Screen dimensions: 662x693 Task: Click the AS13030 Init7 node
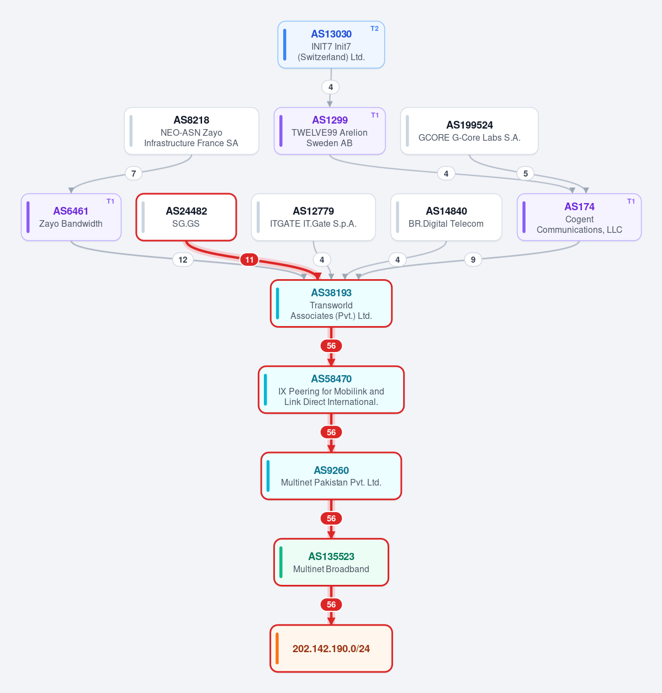pos(331,45)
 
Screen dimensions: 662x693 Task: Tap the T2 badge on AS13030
pos(374,29)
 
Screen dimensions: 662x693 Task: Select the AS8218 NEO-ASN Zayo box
pos(191,131)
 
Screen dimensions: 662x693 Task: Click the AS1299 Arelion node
pos(330,131)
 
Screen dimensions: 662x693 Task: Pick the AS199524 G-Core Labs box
pos(469,131)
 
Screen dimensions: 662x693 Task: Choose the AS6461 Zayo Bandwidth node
pos(71,217)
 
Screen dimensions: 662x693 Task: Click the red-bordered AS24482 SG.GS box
pos(186,217)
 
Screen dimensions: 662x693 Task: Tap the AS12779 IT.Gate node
pos(314,217)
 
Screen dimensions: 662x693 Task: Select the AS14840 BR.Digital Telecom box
pos(446,217)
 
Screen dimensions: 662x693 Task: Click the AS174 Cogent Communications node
pos(579,217)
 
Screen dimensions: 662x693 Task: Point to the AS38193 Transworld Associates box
pos(331,303)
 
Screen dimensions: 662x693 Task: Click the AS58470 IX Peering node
pos(331,390)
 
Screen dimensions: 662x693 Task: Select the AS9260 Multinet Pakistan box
pos(331,476)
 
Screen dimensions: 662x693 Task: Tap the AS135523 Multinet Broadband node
pos(331,562)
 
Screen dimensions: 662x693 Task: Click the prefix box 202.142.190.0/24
pos(331,649)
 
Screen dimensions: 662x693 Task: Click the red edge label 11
pos(250,260)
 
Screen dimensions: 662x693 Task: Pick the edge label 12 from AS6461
pos(183,260)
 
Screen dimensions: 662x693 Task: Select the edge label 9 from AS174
pos(473,260)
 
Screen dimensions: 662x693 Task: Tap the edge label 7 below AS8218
pos(134,173)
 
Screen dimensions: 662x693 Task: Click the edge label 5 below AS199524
pos(526,173)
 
